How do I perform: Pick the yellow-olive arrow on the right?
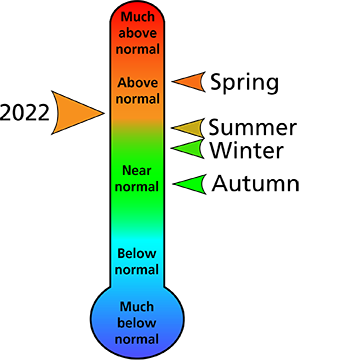pos(189,128)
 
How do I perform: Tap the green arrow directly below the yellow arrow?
pos(189,149)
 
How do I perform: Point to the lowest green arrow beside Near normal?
pos(191,184)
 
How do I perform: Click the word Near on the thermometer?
pos(137,170)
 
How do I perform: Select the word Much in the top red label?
pos(137,17)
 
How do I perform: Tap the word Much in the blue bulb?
pos(137,306)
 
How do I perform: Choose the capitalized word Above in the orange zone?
pos(137,82)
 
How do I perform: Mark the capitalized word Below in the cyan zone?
pos(137,253)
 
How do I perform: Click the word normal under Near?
pos(137,186)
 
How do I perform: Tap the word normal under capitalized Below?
pos(137,269)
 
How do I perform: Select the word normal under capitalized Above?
pos(137,98)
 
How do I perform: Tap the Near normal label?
pos(137,178)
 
